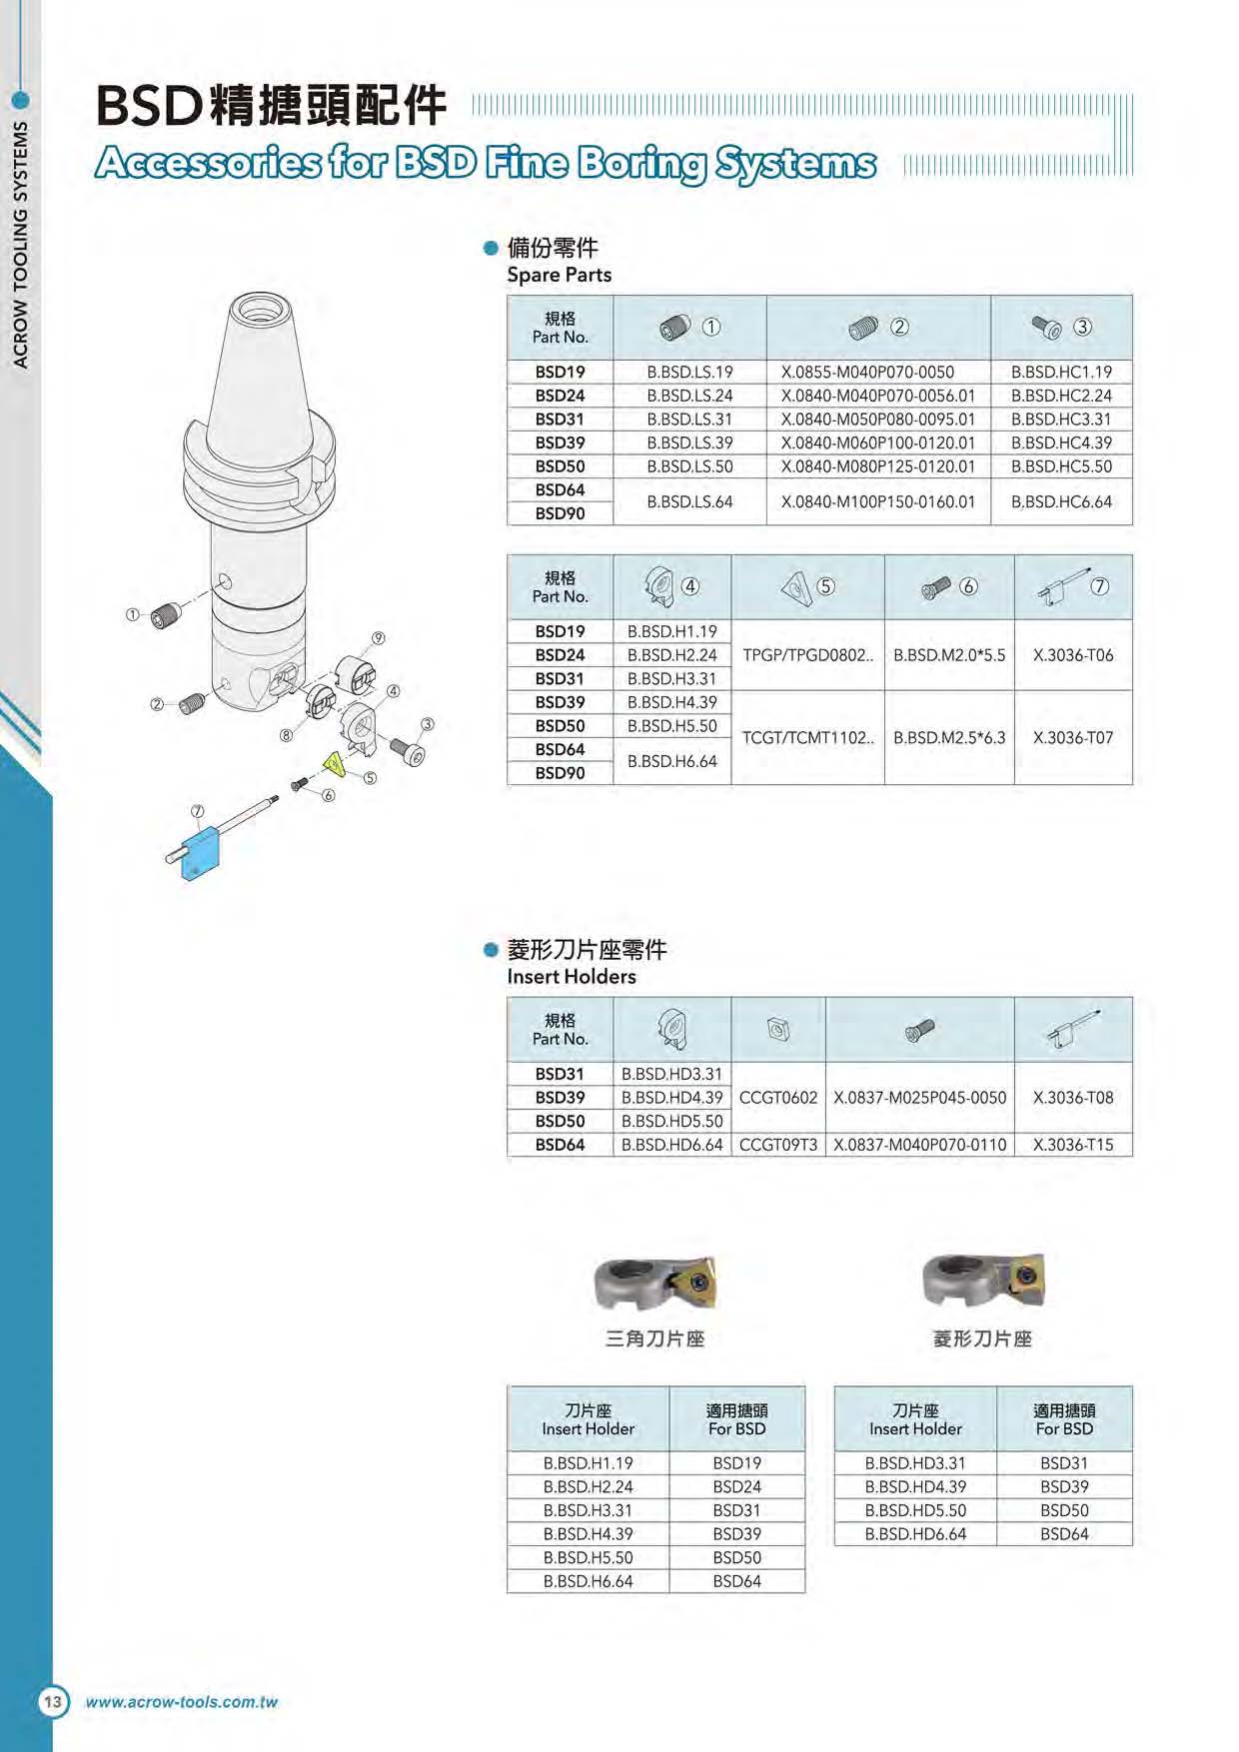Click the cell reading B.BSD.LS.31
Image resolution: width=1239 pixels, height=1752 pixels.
tap(689, 420)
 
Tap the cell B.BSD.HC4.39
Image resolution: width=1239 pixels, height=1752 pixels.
tap(1061, 442)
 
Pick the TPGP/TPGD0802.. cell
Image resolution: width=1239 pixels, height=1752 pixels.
tap(807, 655)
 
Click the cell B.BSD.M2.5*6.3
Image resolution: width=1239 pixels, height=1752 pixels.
tap(949, 738)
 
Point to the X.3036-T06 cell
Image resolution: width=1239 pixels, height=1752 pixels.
tap(1073, 655)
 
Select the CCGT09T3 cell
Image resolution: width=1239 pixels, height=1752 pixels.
tap(778, 1145)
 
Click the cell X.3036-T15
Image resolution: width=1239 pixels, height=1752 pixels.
tap(1073, 1145)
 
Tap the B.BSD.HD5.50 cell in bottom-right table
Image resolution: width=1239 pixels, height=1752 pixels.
tap(915, 1510)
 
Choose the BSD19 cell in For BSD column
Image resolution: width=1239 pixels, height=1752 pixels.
tap(736, 1463)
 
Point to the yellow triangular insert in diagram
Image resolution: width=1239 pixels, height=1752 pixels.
tap(335, 765)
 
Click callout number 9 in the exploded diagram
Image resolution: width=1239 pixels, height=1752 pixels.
tap(379, 638)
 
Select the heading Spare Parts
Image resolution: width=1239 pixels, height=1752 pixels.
tap(559, 275)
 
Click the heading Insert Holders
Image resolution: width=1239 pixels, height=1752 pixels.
tap(571, 977)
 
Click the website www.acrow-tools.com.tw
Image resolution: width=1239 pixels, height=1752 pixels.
tap(181, 1702)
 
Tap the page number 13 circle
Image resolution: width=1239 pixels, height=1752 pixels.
tap(53, 1702)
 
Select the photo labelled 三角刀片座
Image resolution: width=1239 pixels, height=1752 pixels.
tap(655, 1284)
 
